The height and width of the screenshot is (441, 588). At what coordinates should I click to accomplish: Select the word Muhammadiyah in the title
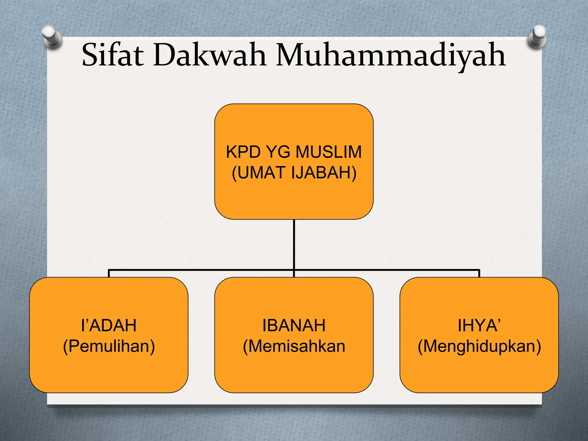click(x=390, y=55)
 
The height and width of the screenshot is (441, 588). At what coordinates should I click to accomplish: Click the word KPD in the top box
click(x=243, y=152)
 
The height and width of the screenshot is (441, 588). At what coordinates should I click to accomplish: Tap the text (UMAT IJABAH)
click(x=294, y=173)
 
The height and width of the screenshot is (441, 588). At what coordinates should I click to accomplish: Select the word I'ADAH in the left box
click(x=109, y=326)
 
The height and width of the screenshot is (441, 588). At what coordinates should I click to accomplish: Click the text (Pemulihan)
click(x=109, y=346)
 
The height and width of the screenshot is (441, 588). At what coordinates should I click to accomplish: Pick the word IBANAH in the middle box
click(x=294, y=326)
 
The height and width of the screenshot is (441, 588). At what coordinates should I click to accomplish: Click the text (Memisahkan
click(x=294, y=346)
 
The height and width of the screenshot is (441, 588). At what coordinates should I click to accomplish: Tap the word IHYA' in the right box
click(x=479, y=326)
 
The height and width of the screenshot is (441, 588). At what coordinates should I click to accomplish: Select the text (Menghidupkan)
click(x=479, y=346)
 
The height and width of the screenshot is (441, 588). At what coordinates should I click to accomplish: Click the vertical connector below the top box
click(x=294, y=244)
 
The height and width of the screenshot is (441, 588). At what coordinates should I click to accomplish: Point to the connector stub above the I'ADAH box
click(x=109, y=273)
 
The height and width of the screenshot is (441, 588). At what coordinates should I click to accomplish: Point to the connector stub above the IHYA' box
click(x=479, y=273)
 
